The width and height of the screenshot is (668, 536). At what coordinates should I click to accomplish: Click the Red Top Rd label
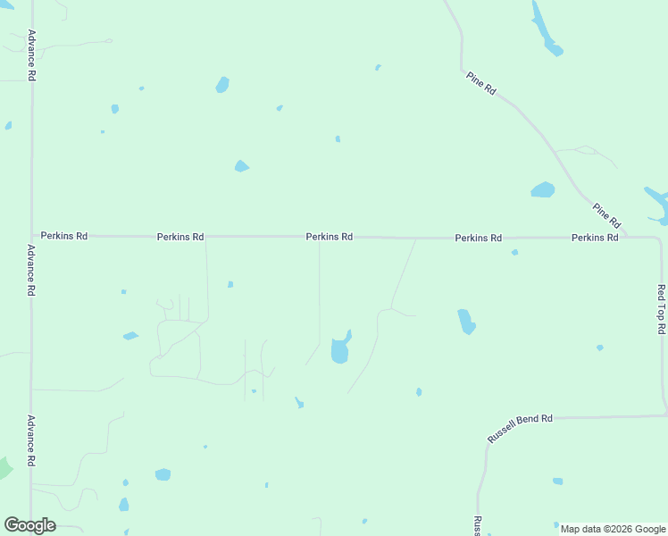662,309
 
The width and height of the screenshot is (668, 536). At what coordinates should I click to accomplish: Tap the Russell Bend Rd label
521,429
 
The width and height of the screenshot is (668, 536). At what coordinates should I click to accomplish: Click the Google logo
30,525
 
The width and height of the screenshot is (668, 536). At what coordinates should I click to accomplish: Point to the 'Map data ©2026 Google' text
613,529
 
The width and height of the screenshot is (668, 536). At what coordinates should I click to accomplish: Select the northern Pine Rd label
480,84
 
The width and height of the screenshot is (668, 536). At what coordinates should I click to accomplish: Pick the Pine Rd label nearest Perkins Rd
606,214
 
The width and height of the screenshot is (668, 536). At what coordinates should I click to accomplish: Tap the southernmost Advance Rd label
30,440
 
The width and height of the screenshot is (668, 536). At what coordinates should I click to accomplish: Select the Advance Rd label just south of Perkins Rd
30,270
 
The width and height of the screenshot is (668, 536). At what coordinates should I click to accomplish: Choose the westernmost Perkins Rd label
64,236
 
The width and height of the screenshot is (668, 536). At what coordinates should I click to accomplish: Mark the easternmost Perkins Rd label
595,238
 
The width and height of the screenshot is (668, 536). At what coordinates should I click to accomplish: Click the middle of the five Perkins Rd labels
329,237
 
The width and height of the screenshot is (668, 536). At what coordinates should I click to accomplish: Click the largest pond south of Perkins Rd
340,349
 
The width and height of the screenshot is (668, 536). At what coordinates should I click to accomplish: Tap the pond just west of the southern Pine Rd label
542,189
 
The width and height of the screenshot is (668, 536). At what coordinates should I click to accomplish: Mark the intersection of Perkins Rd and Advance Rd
32,236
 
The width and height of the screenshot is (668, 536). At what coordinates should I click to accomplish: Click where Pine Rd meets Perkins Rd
627,237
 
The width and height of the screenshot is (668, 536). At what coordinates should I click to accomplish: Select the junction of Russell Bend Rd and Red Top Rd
664,415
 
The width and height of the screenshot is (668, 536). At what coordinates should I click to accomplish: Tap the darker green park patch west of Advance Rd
4,467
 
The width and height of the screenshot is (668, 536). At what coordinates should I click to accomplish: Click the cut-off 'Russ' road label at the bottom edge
478,525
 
